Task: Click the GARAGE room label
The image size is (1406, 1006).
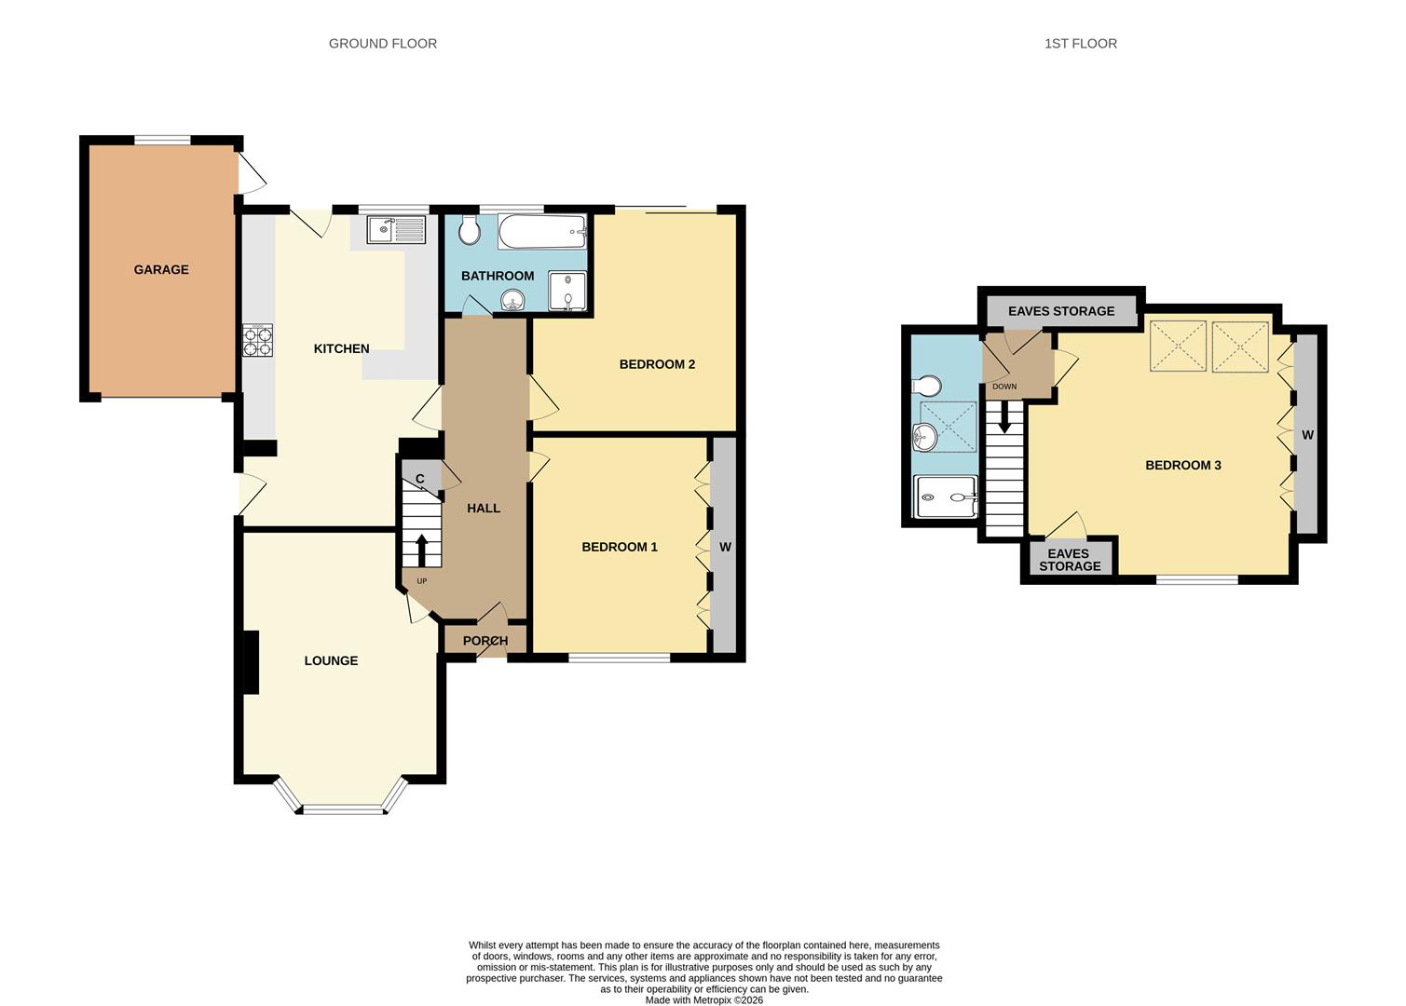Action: coord(161,269)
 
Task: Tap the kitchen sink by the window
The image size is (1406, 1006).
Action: coord(395,229)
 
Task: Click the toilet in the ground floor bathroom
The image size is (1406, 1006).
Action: coord(469,230)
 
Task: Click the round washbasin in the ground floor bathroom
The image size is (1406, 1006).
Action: coord(512,299)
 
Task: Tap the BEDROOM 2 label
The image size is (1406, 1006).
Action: coord(657,364)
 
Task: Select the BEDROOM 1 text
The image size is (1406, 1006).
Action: coord(620,547)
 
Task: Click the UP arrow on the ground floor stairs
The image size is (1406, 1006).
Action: coord(421,551)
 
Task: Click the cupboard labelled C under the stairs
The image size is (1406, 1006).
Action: coord(420,479)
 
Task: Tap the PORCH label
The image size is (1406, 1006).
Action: coord(485,641)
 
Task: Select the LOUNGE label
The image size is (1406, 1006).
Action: coord(331,660)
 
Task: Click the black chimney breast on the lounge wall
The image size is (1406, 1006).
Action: coord(250,662)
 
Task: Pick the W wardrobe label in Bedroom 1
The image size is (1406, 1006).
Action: coord(725,547)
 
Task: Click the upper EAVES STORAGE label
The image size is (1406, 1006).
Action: coord(1061,311)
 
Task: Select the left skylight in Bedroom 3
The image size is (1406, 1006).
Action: coord(1179,347)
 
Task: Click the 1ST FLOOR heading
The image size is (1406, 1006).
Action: coord(1081,43)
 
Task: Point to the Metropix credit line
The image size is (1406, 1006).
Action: coord(704,1000)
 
